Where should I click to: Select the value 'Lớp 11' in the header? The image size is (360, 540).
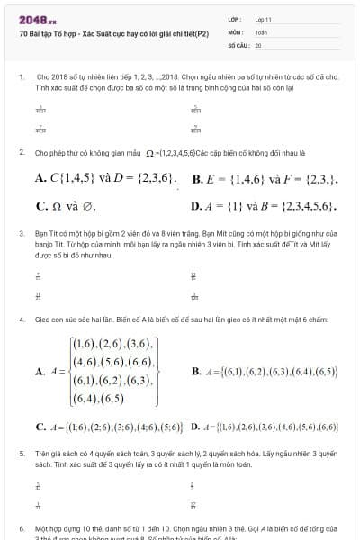coord(263,19)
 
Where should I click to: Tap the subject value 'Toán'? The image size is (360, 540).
coord(261,31)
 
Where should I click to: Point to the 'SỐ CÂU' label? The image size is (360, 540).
coord(238,44)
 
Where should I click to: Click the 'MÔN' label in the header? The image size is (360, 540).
coord(235,31)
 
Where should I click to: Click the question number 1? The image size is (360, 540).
coord(20,77)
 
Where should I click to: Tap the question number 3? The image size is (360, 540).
coord(20,233)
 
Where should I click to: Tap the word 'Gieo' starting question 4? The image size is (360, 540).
coord(44,319)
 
